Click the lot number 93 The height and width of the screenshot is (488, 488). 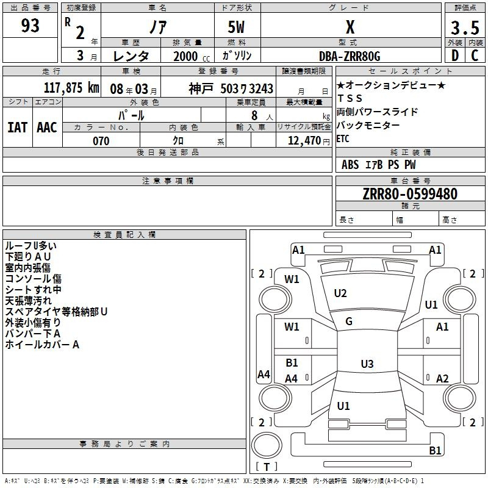click(x=30, y=26)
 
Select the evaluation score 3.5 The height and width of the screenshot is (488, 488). click(x=464, y=28)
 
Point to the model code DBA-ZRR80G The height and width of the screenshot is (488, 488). click(x=350, y=56)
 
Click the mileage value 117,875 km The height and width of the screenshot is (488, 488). click(x=71, y=88)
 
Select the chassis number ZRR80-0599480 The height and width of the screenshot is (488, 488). click(x=409, y=195)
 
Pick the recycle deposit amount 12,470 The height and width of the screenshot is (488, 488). click(x=304, y=141)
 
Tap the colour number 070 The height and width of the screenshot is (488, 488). click(x=101, y=141)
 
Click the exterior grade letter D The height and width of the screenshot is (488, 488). click(x=454, y=56)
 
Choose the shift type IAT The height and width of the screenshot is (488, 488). click(x=17, y=127)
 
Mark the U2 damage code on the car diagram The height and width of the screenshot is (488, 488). click(x=340, y=293)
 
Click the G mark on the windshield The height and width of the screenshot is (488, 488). click(x=349, y=321)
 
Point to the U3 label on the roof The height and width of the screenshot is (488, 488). click(x=367, y=364)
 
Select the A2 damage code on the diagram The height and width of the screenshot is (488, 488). click(x=442, y=378)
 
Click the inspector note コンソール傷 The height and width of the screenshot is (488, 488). click(x=33, y=279)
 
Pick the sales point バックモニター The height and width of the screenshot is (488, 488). click(x=368, y=125)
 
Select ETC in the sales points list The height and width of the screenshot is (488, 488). click(x=343, y=138)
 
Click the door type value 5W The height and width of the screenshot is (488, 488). click(x=237, y=27)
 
